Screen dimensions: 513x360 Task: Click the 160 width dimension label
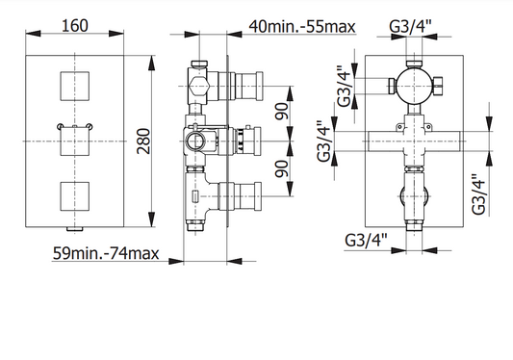coord(75,26)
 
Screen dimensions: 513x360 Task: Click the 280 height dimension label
coord(143,141)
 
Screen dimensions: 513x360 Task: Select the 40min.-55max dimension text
coord(302,27)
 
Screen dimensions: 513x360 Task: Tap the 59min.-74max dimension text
coord(106,253)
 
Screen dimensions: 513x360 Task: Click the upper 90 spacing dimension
coord(282,112)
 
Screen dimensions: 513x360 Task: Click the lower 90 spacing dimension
coord(282,168)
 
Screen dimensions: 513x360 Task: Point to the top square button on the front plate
coord(75,86)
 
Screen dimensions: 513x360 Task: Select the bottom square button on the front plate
coord(75,196)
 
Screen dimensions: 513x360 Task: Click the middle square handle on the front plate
coord(75,141)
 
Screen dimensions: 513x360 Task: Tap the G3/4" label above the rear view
coord(411,27)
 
